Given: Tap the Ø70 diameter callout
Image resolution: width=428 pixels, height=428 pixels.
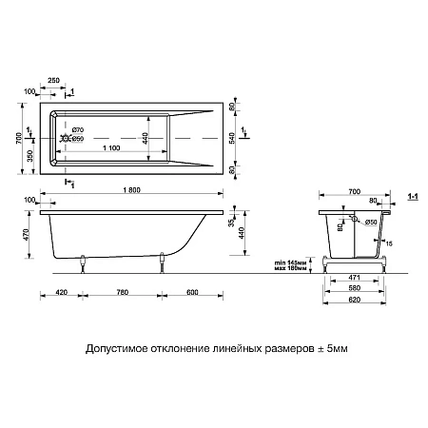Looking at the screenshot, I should [x=78, y=128].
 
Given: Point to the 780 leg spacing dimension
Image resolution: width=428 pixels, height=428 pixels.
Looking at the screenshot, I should [x=124, y=292].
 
